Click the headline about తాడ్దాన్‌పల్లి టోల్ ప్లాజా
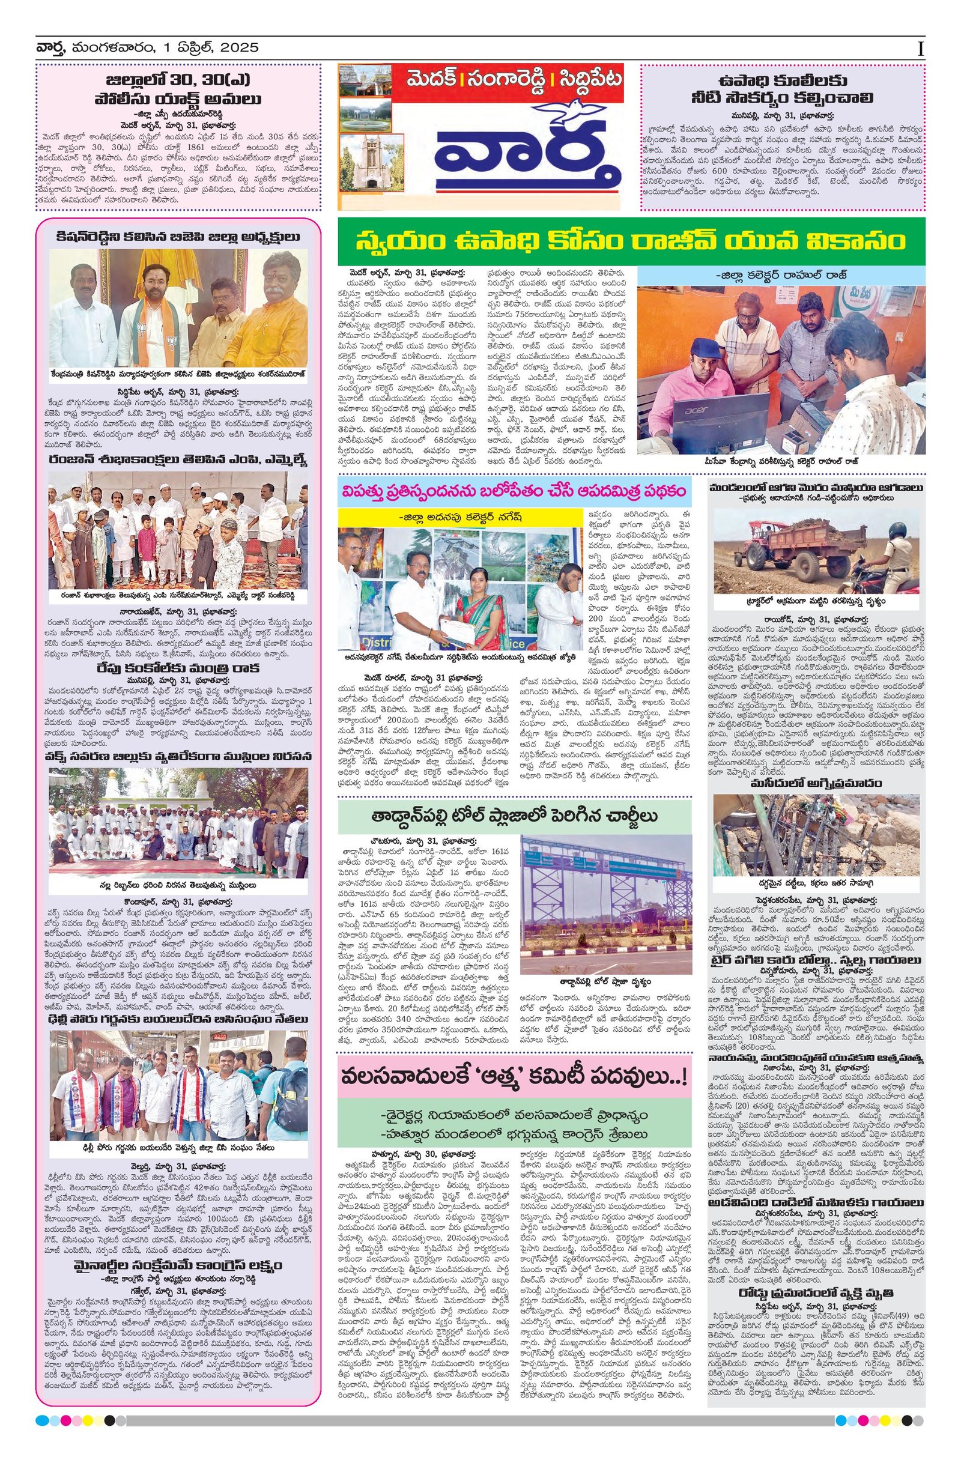click(x=514, y=816)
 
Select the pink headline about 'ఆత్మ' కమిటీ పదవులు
click(x=514, y=1077)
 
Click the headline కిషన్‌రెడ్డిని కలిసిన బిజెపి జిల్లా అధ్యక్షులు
click(x=178, y=238)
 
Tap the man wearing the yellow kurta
click(x=281, y=315)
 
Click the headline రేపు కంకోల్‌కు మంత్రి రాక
click(x=178, y=668)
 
